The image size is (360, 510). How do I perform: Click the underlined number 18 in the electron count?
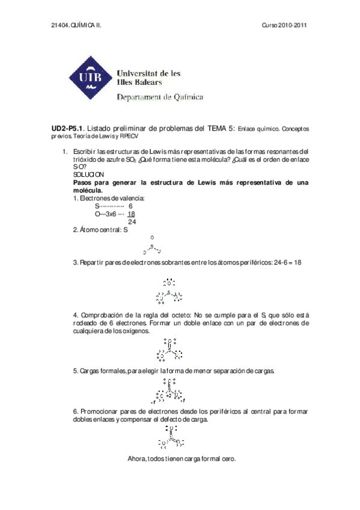click(x=131, y=214)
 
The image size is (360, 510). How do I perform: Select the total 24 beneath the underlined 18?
click(x=132, y=221)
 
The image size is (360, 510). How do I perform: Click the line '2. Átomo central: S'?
click(x=100, y=230)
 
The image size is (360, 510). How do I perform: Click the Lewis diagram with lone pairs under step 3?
click(x=169, y=291)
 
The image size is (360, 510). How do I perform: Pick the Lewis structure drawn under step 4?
click(x=170, y=349)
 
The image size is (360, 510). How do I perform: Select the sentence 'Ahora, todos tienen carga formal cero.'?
click(x=182, y=459)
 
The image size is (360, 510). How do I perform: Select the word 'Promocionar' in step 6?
click(x=97, y=411)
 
